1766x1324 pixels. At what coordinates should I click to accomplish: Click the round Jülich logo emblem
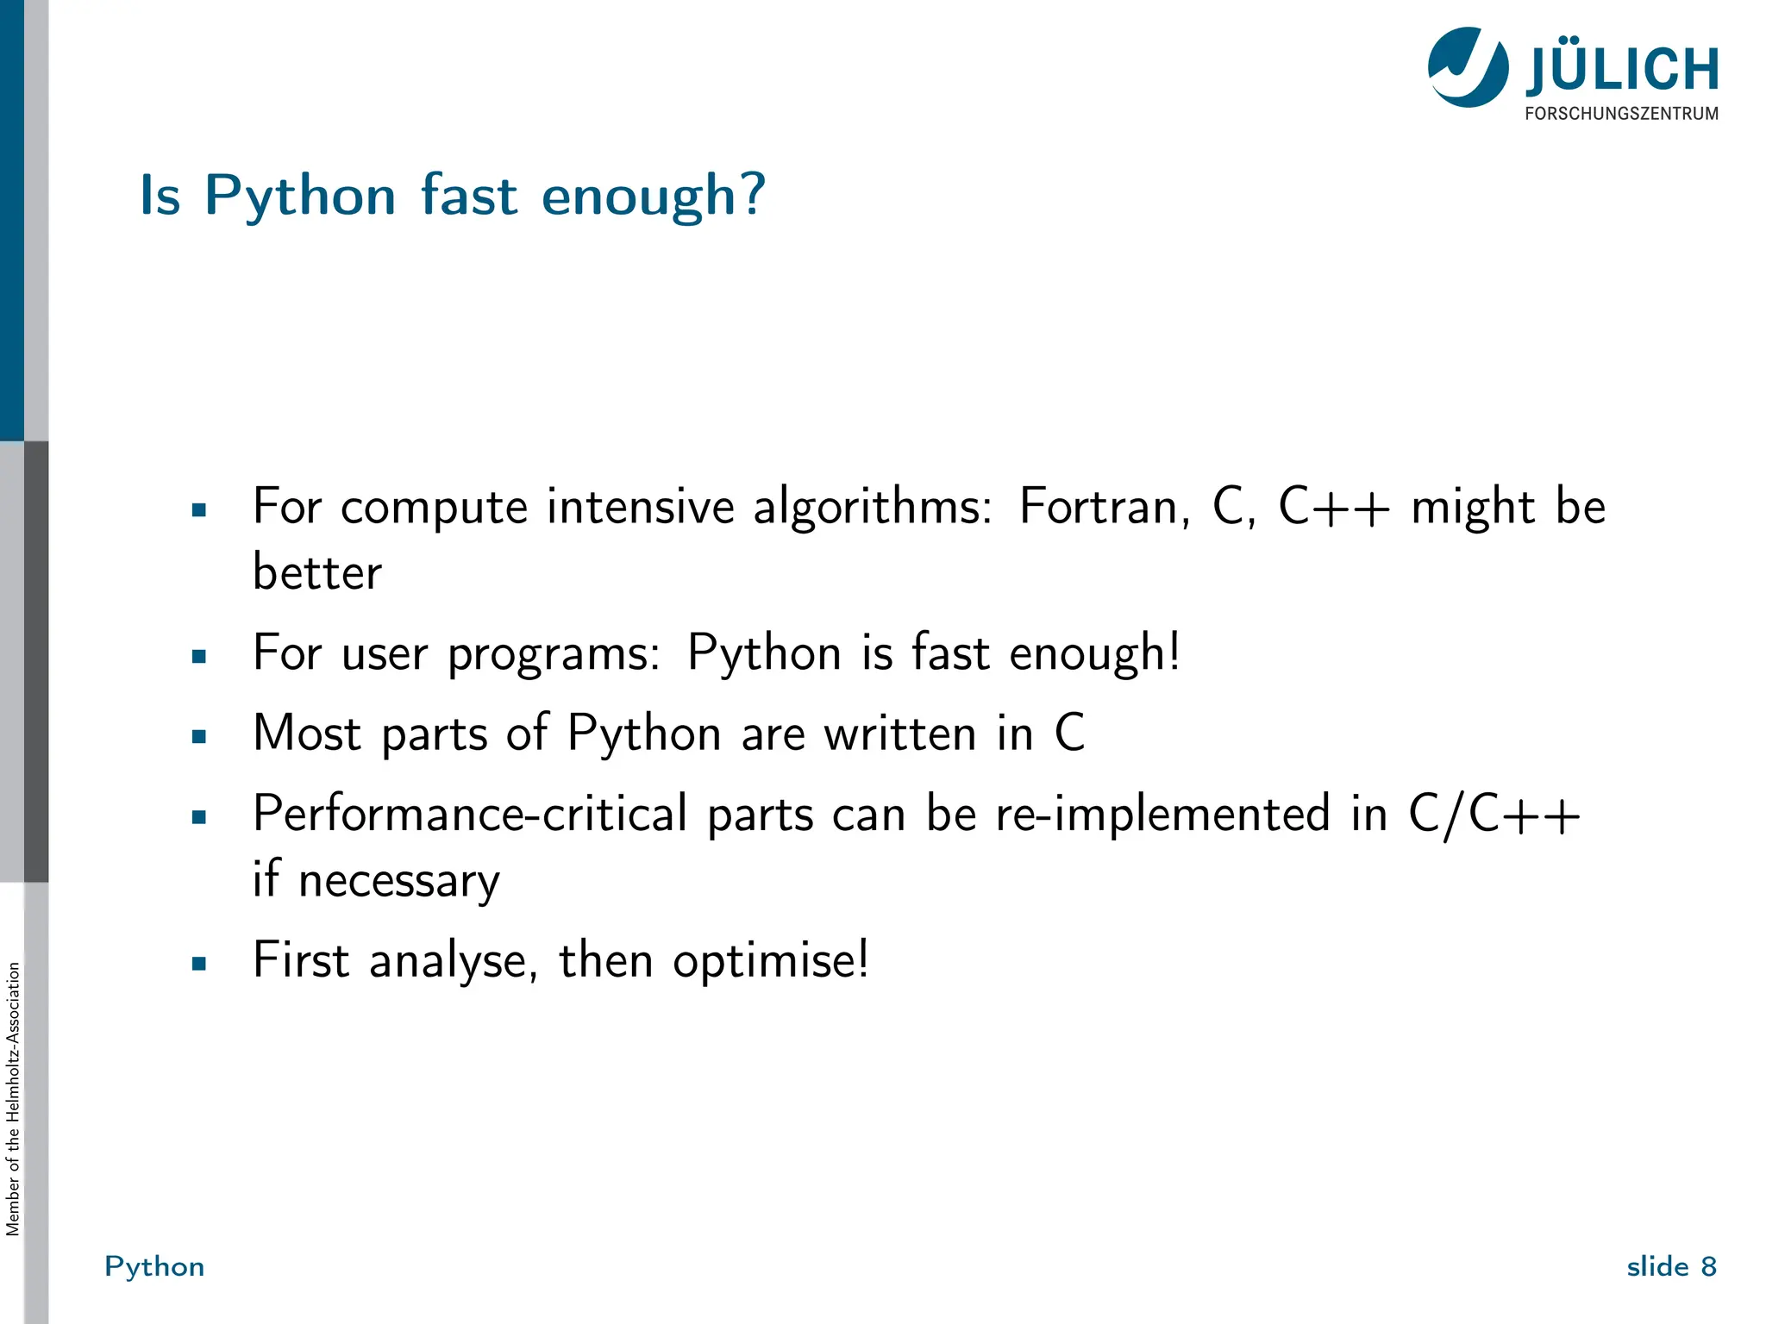(x=1468, y=67)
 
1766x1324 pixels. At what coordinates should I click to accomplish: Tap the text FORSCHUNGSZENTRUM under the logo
(x=1621, y=114)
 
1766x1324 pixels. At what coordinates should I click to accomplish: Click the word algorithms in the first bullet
(x=872, y=508)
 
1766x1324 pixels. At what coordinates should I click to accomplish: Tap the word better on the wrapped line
(x=316, y=572)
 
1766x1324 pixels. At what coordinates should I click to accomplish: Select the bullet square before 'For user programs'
(x=199, y=657)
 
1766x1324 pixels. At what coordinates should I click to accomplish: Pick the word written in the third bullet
(x=899, y=734)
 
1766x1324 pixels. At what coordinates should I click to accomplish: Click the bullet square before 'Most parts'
(x=199, y=737)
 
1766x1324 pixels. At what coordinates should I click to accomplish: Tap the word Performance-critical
(x=470, y=814)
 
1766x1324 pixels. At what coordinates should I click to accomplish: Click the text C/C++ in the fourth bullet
(x=1494, y=814)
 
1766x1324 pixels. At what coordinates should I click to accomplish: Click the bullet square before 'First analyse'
(x=199, y=964)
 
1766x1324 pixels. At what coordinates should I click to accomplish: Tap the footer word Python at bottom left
(x=154, y=1266)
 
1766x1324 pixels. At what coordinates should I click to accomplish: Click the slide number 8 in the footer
(x=1708, y=1266)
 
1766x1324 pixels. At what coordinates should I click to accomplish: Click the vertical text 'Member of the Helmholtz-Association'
(x=12, y=1099)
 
